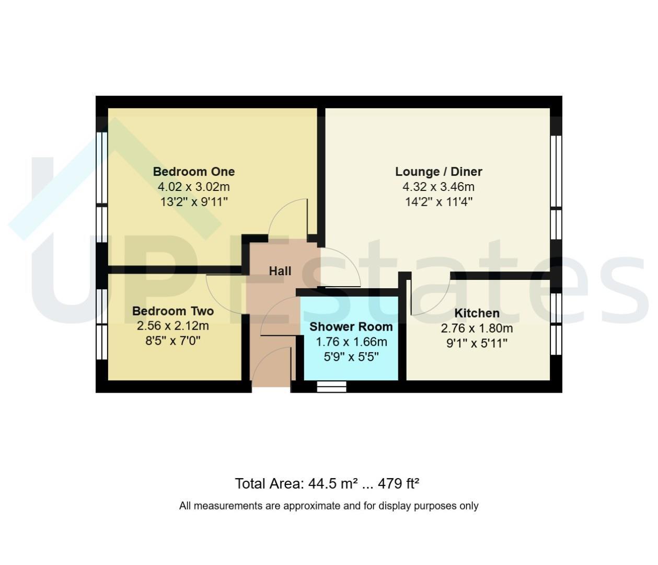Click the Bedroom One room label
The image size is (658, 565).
click(194, 172)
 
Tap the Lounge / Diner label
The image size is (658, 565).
click(438, 172)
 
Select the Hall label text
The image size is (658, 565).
click(280, 271)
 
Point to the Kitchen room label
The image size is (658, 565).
click(477, 313)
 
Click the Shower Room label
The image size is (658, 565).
click(351, 326)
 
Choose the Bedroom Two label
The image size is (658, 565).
click(173, 311)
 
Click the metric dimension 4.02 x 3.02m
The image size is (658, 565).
click(194, 187)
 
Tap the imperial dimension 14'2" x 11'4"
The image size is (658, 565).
click(438, 202)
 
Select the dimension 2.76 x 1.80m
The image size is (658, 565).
click(477, 328)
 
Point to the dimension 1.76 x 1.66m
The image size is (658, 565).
click(351, 342)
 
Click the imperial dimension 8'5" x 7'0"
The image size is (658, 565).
click(173, 341)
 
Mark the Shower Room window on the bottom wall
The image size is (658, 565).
click(331, 386)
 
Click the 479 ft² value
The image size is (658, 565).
click(398, 483)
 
